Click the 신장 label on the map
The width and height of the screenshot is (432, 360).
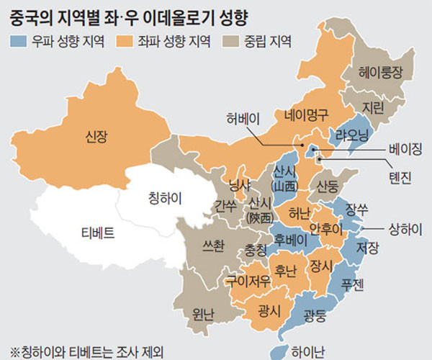(96, 135)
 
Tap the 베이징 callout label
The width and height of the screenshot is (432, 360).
(404, 149)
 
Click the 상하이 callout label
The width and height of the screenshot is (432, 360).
(404, 230)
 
